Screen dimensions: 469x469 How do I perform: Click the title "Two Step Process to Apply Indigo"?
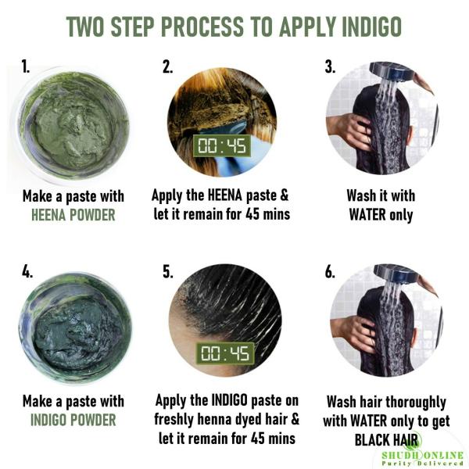click(234, 26)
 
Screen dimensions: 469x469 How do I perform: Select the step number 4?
click(27, 272)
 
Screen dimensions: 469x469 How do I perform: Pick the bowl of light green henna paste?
click(74, 125)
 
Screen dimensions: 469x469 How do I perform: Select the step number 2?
click(167, 67)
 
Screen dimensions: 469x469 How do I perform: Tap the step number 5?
click(167, 272)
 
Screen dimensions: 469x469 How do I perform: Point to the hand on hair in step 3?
click(350, 125)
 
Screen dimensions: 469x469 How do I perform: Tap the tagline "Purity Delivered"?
click(423, 464)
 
